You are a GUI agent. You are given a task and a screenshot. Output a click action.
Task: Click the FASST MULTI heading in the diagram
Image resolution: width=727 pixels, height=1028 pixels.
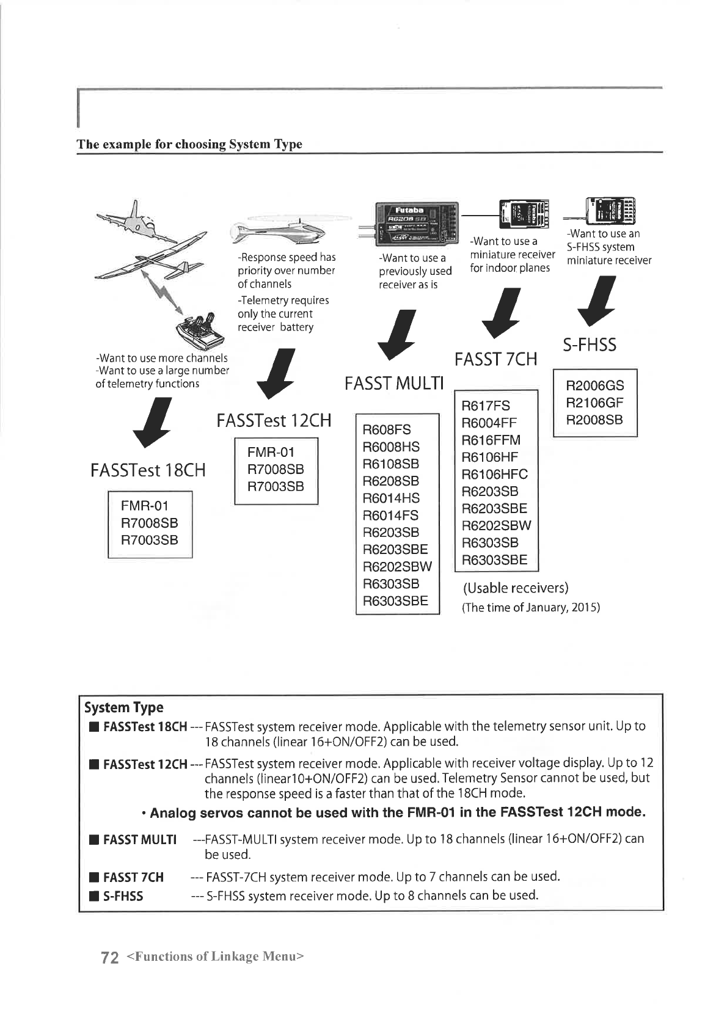point(393,384)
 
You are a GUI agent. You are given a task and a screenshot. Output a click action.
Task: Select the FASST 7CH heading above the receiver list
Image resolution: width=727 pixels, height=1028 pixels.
point(495,359)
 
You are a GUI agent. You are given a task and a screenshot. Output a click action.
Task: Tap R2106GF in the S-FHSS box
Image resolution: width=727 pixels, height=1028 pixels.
point(594,403)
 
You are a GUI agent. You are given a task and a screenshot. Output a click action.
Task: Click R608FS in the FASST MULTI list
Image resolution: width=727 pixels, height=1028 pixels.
point(387,429)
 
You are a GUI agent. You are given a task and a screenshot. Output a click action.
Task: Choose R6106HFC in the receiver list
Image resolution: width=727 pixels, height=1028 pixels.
point(494,475)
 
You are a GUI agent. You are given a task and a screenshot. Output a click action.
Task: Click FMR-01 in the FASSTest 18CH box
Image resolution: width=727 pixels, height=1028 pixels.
point(144,506)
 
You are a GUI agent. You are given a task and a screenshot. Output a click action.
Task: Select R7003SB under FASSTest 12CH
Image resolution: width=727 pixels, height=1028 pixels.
point(276,486)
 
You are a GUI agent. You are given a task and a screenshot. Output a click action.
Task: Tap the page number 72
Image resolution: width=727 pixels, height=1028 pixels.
point(109,957)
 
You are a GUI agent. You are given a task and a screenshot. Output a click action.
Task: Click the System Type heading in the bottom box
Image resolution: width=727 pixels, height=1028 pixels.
point(124,707)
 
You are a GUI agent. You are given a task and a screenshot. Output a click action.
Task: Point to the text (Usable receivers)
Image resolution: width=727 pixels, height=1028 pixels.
point(516,588)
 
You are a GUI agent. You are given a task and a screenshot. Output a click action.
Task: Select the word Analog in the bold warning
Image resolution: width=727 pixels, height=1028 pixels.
point(173,813)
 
